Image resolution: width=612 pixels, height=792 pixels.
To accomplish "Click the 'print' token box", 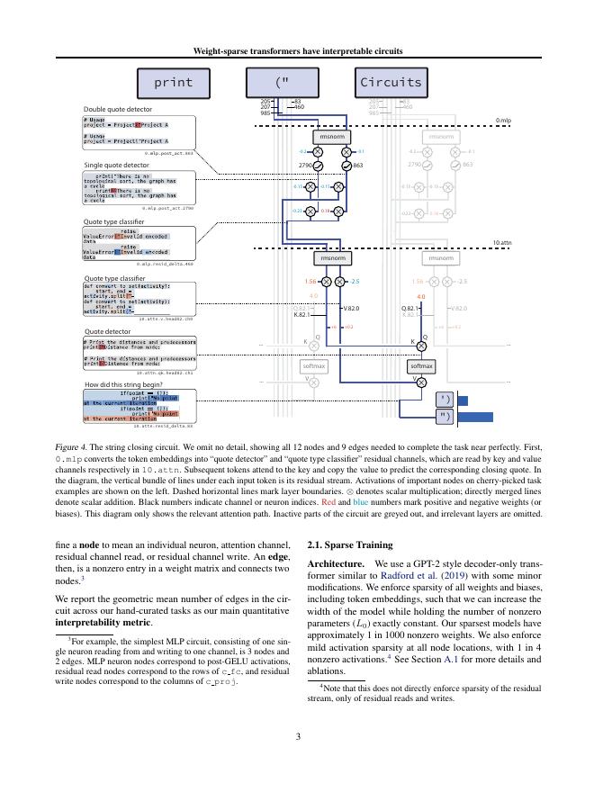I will coord(174,83).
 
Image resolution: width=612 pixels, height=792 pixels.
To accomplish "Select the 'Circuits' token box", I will coord(390,83).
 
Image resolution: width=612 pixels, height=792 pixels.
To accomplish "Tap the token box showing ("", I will coord(283,83).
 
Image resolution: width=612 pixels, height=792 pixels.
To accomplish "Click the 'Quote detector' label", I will coord(107,331).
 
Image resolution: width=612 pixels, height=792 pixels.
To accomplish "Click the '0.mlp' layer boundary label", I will coord(503,120).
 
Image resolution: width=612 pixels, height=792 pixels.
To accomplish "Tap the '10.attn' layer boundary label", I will coord(501,242).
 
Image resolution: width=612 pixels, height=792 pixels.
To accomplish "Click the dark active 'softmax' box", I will coord(421,366).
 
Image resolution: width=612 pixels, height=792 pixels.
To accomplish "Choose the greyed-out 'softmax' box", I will coord(314,366).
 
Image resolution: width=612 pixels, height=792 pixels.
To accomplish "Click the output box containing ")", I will coord(445,417).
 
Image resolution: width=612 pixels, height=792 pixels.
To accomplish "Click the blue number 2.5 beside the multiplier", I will coord(355,282).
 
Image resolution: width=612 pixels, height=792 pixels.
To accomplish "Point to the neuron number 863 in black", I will coord(357,166).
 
